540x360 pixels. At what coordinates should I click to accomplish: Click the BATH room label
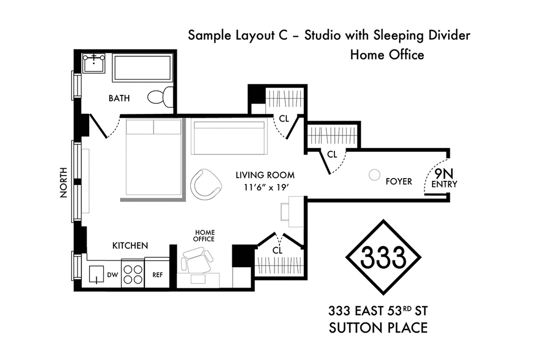coord(119,98)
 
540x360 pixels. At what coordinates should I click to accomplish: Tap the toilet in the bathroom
coord(161,96)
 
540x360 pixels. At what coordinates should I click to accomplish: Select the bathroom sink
coord(94,63)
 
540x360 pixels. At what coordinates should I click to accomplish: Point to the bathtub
coord(142,68)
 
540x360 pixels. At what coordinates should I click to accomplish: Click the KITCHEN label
coord(130,246)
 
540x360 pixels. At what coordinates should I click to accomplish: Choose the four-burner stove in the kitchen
coord(133,274)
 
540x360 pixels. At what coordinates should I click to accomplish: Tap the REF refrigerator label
coord(157,275)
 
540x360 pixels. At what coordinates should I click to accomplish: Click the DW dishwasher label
coord(112,275)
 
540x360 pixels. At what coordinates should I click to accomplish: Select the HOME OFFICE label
coord(204,236)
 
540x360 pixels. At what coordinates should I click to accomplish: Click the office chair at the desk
coord(197,261)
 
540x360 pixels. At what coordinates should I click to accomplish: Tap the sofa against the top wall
coord(229,138)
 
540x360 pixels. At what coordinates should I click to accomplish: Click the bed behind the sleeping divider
coord(153,157)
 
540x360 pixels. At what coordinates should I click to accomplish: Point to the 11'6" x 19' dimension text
coord(266,188)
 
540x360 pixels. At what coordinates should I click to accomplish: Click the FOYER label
coord(399,181)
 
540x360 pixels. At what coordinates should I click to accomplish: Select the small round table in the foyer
coord(374,175)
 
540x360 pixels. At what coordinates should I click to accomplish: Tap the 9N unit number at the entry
coord(444,173)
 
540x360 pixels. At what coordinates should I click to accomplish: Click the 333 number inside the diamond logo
coord(383,257)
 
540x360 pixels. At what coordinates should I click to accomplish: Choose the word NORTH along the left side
coord(63,182)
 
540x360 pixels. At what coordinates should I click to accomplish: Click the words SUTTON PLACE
coord(378,328)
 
